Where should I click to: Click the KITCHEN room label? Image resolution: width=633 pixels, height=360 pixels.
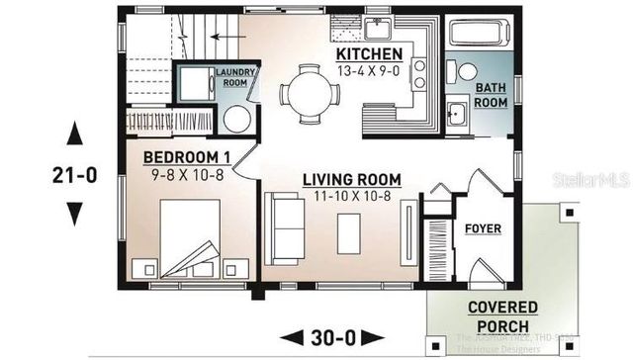point(369,53)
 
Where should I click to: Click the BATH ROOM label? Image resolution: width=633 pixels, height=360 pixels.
point(492,95)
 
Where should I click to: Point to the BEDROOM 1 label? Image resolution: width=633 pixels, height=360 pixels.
point(187,157)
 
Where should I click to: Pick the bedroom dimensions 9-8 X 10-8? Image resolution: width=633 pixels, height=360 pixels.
point(187,174)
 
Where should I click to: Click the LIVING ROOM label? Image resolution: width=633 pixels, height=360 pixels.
point(351,179)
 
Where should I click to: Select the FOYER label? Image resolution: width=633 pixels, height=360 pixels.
point(483,229)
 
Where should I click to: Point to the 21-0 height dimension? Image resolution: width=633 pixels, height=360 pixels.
point(74,176)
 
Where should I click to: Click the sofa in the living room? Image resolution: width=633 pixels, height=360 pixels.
point(288,228)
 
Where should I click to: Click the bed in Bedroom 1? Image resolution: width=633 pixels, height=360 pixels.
point(189,242)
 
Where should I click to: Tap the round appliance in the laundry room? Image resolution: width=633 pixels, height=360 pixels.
point(237,119)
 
